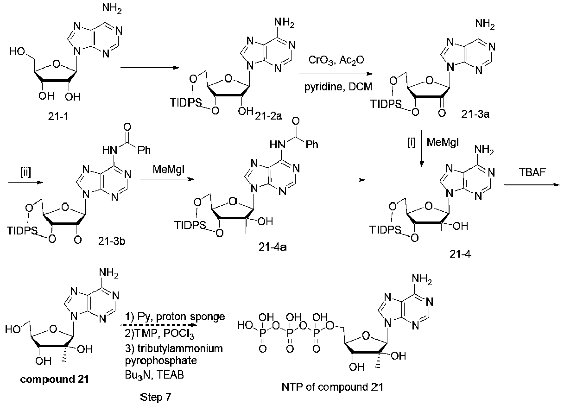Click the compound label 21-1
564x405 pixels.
(58, 116)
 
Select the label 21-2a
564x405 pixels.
(268, 116)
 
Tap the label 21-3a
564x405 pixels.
(475, 114)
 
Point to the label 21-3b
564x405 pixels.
(112, 241)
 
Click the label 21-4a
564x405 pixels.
(272, 247)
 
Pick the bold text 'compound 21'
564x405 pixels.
(54, 379)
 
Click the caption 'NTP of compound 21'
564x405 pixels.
(332, 387)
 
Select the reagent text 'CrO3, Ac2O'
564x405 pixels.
(336, 60)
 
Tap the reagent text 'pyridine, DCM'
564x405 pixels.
(338, 87)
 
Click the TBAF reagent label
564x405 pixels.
(532, 172)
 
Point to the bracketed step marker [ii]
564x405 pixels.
(25, 172)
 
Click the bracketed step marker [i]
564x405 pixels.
(411, 143)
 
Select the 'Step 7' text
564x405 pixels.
(155, 397)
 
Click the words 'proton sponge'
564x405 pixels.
(190, 316)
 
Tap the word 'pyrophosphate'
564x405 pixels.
(161, 361)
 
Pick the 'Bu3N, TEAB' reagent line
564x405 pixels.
(154, 375)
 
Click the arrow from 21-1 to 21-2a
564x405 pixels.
(150, 68)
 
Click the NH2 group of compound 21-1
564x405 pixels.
(112, 8)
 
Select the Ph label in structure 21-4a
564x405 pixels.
(312, 145)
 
